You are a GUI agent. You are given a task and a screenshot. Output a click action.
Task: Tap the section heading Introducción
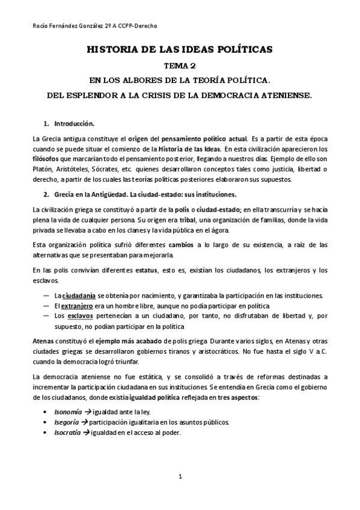point(74,124)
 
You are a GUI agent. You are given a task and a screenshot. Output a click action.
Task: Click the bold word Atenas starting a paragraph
point(43,340)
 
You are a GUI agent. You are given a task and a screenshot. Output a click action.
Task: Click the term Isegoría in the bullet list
point(66,423)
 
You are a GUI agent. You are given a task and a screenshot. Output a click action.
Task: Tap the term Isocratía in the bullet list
point(67,433)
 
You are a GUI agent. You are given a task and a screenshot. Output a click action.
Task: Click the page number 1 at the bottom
point(180,476)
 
